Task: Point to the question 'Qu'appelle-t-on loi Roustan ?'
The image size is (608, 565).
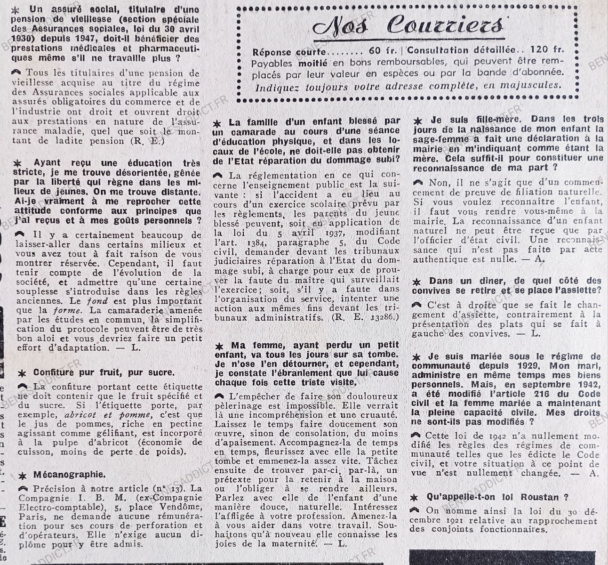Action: click(x=497, y=497)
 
